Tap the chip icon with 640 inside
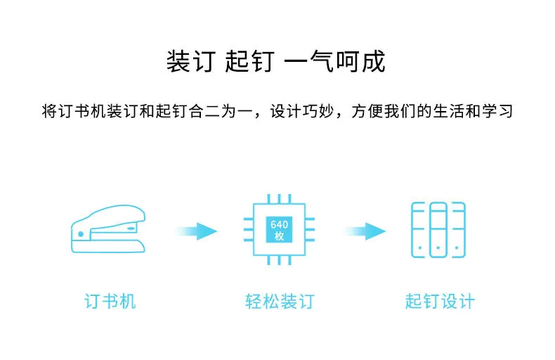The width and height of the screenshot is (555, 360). coord(279,229)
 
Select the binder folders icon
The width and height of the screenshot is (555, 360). coord(438,230)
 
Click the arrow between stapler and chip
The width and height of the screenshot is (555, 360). coord(197,231)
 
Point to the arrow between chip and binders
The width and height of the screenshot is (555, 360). coord(365,231)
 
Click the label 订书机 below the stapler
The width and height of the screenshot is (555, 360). coord(110,302)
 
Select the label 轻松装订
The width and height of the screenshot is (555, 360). coord(280,302)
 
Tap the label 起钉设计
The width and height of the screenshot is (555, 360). coord(440,302)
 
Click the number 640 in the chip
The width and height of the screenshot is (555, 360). coord(280,224)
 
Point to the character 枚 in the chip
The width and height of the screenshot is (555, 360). coord(280,236)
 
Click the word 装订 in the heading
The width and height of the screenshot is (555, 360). coord(191,61)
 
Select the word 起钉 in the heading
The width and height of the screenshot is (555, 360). coord(250,61)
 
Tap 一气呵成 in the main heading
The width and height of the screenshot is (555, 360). coord(335,61)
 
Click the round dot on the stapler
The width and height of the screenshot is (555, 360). coord(81,234)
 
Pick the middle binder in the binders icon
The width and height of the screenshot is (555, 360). coord(438,230)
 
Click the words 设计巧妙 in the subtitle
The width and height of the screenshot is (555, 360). coord(302,111)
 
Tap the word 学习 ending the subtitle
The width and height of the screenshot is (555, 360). coord(497,111)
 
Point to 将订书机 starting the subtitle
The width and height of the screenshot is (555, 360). coord(74,111)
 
